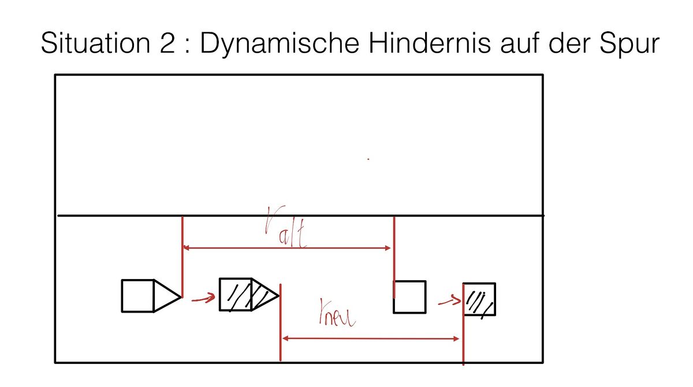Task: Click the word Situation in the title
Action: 95,43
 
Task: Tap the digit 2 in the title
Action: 167,43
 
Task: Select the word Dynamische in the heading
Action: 280,45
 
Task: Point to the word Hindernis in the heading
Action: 430,43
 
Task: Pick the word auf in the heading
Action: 520,43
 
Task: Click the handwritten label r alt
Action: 285,227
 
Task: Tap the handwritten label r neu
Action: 337,312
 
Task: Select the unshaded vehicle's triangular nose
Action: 167,296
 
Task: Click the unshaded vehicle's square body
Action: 137,296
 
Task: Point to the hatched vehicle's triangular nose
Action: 265,295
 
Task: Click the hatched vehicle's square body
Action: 236,295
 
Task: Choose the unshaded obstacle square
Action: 409,297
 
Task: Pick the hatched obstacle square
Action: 479,299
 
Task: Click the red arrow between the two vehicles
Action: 203,298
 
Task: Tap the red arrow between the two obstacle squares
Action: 449,300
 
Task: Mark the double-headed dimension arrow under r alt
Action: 286,248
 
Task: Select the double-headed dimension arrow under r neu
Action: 371,338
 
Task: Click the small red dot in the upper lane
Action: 368,159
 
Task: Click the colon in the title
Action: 187,46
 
